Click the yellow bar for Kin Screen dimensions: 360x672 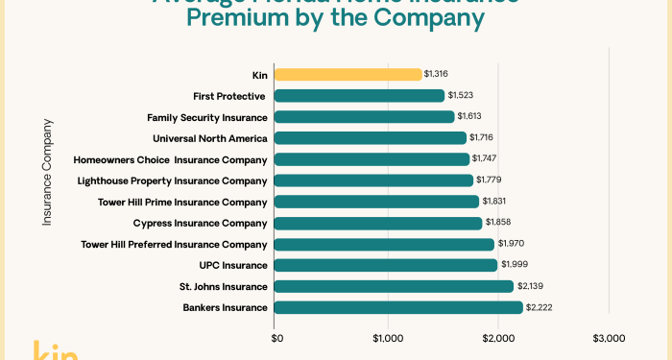tap(348, 74)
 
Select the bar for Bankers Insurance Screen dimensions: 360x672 tap(398, 307)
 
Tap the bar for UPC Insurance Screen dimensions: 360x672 tap(386, 265)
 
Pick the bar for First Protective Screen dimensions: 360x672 tap(359, 95)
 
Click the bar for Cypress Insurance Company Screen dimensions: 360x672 tap(378, 223)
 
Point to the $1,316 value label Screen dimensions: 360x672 tap(439, 74)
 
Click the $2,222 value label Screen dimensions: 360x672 tap(540, 307)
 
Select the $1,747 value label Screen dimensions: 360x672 tap(487, 159)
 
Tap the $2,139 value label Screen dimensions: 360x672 tap(532, 286)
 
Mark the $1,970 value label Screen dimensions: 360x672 tap(512, 244)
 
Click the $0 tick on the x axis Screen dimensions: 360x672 tap(276, 338)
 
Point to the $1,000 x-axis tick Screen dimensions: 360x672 tap(387, 338)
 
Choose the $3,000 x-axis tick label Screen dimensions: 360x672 tap(609, 338)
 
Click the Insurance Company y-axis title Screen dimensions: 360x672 tap(47, 172)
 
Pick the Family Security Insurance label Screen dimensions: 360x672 tap(206, 116)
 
